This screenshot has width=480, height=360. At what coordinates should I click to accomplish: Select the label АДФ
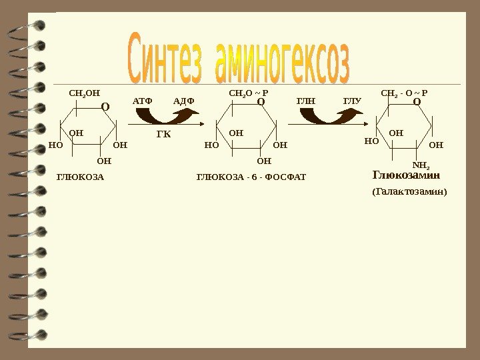[183, 101]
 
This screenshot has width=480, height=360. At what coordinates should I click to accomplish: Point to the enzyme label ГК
[163, 135]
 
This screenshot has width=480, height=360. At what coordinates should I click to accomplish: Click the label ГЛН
[305, 101]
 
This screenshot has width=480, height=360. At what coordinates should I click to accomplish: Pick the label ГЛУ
[352, 101]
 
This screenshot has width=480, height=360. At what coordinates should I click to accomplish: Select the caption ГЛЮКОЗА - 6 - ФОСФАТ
[250, 177]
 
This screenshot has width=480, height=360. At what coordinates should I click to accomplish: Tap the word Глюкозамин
[407, 175]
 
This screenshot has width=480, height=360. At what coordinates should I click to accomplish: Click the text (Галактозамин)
[409, 192]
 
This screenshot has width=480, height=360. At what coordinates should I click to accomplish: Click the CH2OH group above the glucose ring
[83, 93]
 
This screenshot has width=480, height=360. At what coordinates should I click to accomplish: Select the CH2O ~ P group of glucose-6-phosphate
[248, 93]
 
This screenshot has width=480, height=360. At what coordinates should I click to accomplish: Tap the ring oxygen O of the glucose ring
[105, 105]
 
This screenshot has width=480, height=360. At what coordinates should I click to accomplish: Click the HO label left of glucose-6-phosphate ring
[211, 144]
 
